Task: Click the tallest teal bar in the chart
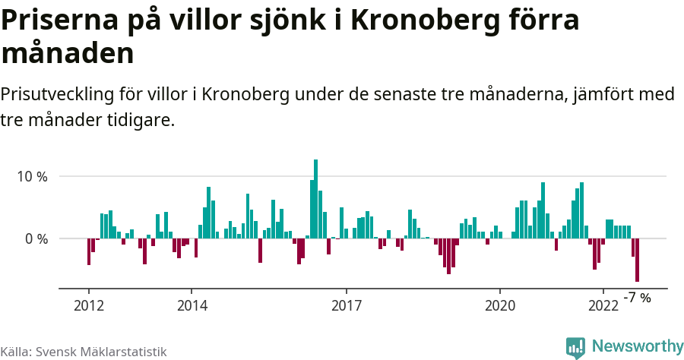pyautogui.click(x=315, y=199)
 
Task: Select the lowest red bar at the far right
pyautogui.click(x=637, y=260)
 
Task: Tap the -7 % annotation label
pyautogui.click(x=637, y=298)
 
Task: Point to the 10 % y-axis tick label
pyautogui.click(x=33, y=176)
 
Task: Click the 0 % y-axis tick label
pyautogui.click(x=36, y=238)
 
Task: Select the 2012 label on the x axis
pyautogui.click(x=89, y=305)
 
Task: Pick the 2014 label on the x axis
pyautogui.click(x=192, y=305)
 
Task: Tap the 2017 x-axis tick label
pyautogui.click(x=347, y=305)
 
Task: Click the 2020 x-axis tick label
pyautogui.click(x=500, y=305)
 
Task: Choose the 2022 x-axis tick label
pyautogui.click(x=603, y=305)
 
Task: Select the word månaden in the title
pyautogui.click(x=68, y=54)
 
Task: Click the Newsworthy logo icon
pyautogui.click(x=575, y=347)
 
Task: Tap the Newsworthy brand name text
pyautogui.click(x=637, y=346)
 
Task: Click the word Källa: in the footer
pyautogui.click(x=16, y=352)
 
